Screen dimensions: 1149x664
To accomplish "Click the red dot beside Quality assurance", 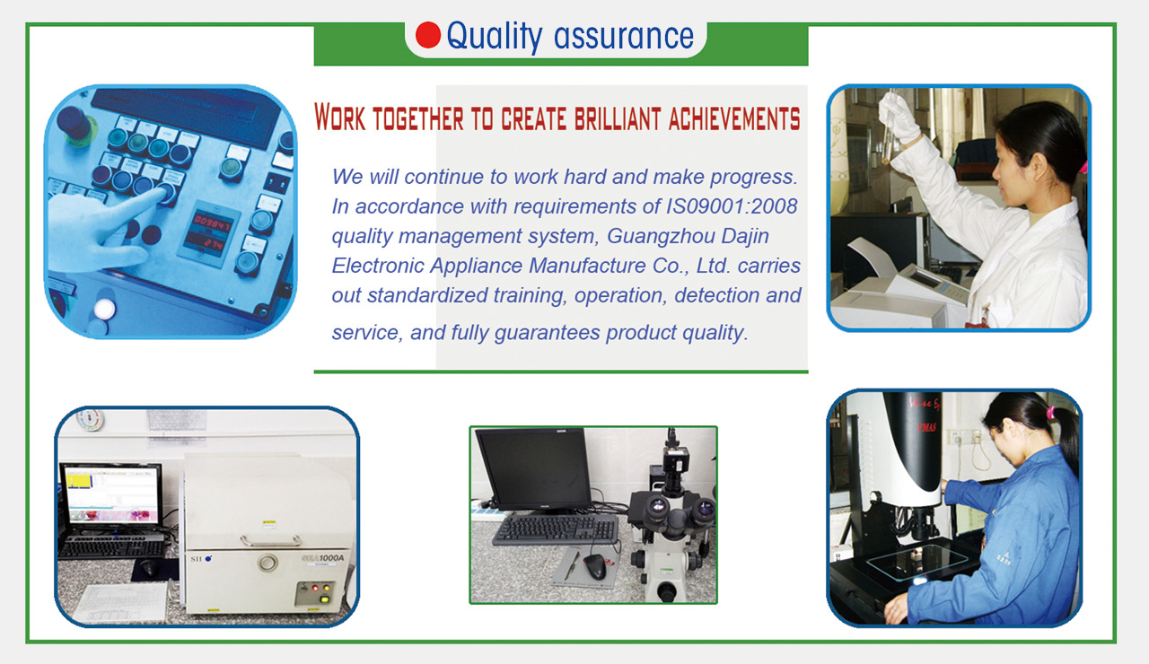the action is coord(428,35).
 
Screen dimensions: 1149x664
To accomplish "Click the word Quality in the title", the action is coord(494,37).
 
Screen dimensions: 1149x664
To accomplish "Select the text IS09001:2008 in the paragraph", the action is coord(731,206).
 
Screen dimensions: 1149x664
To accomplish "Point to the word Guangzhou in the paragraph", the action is coord(662,236).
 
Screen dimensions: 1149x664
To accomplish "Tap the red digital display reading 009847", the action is coord(212,223).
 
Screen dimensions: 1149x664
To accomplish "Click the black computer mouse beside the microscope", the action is coord(595,565).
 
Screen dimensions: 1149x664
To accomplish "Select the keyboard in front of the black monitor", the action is coord(556,529).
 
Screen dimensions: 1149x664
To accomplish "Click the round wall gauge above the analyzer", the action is coord(90,419).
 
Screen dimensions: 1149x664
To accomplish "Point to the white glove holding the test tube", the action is coord(899,116).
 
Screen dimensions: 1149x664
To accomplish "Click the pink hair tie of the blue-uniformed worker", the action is coord(1050,411).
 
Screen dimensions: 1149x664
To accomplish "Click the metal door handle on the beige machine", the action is coord(271,541).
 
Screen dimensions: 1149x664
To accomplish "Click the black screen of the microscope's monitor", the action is coord(534,468).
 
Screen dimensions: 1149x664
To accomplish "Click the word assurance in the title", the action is coord(624,36).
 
